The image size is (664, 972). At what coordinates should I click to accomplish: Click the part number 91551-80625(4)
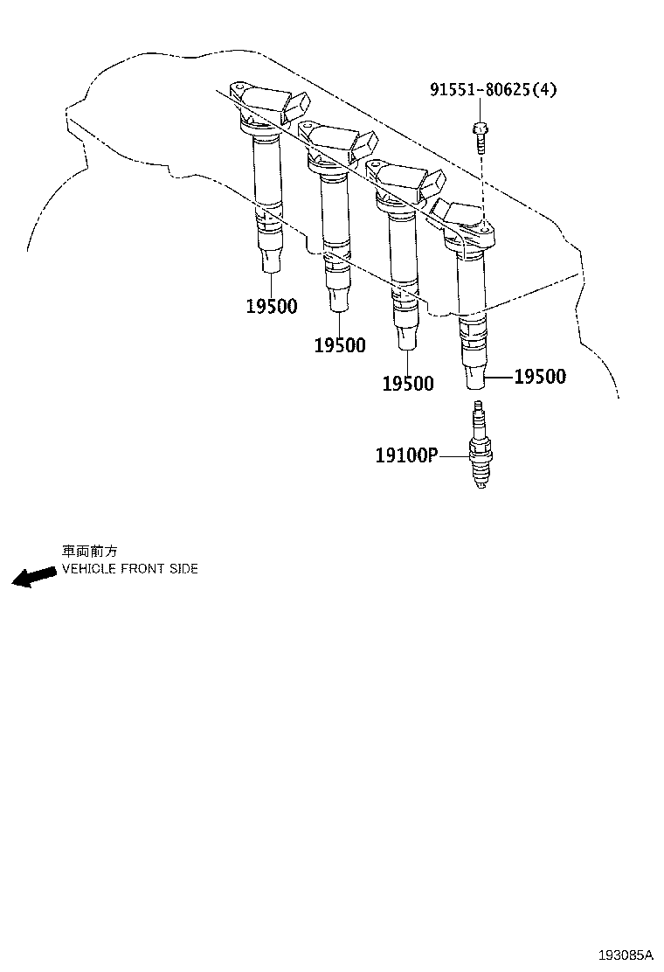tap(493, 89)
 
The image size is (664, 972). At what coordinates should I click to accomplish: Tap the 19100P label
tap(405, 455)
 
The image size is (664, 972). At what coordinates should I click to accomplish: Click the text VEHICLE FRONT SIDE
tap(129, 569)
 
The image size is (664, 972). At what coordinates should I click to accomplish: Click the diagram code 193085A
tap(626, 955)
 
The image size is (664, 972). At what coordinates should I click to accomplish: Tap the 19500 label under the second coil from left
tap(340, 346)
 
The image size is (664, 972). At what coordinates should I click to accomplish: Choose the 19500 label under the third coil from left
tap(407, 384)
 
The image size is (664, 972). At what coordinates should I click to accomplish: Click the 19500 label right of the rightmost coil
tap(540, 377)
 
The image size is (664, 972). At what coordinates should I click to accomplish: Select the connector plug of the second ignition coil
tap(362, 146)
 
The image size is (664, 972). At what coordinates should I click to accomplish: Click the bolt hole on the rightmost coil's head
tap(481, 228)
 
